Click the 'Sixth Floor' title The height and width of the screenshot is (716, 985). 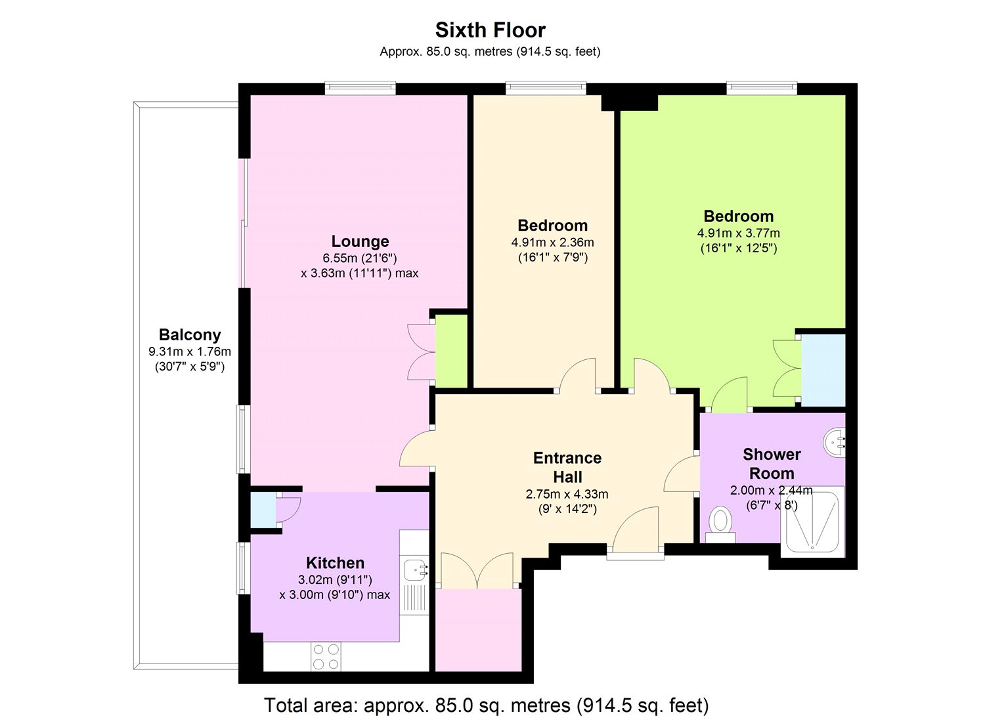point(490,30)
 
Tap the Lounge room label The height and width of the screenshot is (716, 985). point(360,242)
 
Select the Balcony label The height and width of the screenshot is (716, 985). point(190,335)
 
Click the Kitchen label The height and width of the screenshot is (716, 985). point(335,563)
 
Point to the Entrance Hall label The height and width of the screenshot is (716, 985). point(567,467)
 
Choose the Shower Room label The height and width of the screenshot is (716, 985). point(772,464)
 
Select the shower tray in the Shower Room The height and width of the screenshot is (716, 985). point(812,520)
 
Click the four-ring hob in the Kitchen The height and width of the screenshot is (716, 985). point(326,656)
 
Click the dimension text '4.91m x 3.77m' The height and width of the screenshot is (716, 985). point(738,233)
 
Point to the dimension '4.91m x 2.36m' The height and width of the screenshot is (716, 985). point(552,242)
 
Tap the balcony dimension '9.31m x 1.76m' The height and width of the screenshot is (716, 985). point(190,352)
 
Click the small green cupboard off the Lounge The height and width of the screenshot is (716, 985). point(452,351)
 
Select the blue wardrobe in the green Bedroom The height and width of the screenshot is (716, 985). point(823,370)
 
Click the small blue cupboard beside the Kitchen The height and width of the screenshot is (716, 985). point(263,510)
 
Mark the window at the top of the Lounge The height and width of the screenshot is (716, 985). point(361,88)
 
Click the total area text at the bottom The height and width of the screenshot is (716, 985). point(487,705)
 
